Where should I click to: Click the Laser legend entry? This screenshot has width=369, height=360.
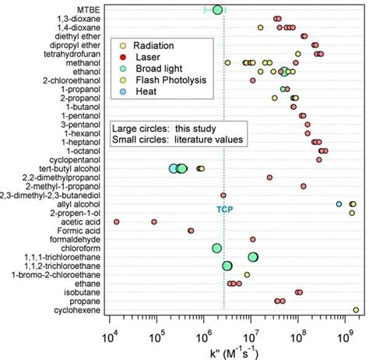[152, 57]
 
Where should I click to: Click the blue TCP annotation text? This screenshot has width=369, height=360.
[224, 209]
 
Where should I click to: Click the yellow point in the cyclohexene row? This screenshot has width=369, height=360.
[357, 309]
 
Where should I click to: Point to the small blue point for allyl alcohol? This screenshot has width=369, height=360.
[339, 204]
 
